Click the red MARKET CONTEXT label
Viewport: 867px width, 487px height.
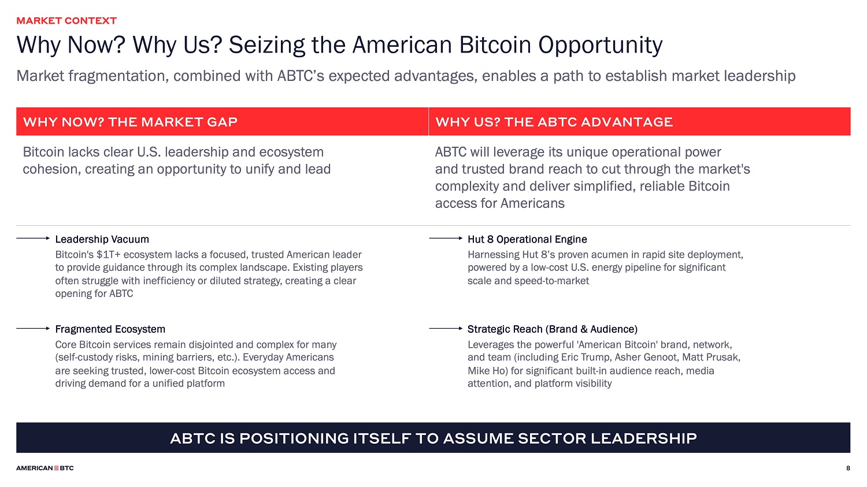66,21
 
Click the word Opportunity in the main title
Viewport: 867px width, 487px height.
601,46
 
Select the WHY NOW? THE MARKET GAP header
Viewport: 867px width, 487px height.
130,122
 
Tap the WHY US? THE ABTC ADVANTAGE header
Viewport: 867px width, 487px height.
554,122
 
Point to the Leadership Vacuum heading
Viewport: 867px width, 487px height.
102,239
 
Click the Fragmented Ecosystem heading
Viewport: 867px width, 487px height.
110,329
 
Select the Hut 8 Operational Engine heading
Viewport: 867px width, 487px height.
527,239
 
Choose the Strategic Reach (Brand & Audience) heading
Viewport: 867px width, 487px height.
553,329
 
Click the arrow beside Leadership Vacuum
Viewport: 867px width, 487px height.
33,238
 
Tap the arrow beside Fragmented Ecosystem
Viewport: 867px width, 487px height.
33,328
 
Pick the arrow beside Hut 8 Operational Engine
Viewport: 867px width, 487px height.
446,238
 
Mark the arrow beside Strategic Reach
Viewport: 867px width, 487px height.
446,328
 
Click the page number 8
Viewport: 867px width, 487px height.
848,468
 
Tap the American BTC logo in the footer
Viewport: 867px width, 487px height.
45,468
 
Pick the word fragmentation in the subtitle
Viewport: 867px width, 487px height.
119,76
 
